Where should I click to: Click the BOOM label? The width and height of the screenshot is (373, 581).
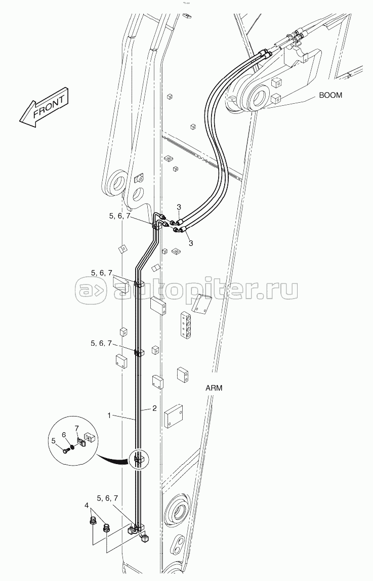tap(331, 95)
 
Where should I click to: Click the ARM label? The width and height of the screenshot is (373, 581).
tap(214, 388)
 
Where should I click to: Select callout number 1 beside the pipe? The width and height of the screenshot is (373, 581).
tap(109, 416)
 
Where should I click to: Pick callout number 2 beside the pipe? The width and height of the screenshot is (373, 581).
tap(154, 408)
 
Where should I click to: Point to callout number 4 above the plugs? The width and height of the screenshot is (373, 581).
tap(87, 505)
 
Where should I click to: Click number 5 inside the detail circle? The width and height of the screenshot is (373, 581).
tap(54, 441)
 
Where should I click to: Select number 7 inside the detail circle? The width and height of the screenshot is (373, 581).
tap(76, 429)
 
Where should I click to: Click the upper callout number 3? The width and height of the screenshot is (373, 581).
tap(179, 207)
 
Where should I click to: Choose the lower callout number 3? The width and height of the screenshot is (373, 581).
tap(191, 243)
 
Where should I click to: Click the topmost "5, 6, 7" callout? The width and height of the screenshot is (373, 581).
tap(119, 216)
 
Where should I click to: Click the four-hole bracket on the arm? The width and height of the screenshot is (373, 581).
tap(186, 325)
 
